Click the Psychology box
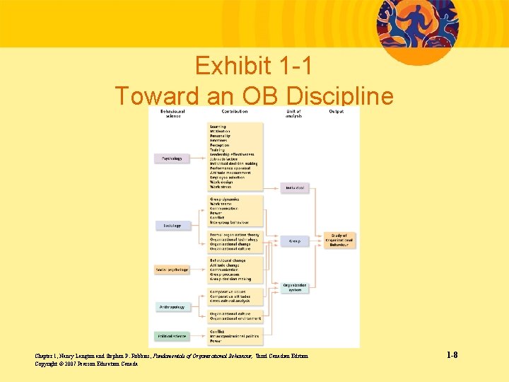(x=172, y=158)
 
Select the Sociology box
(x=172, y=226)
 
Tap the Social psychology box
(x=172, y=270)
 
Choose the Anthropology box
(x=172, y=307)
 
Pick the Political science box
(x=172, y=336)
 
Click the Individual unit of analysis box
(x=295, y=187)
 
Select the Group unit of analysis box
(x=295, y=241)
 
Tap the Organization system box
(x=295, y=287)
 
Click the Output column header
(x=337, y=112)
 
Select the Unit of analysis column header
(x=293, y=113)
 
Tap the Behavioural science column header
(x=172, y=113)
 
